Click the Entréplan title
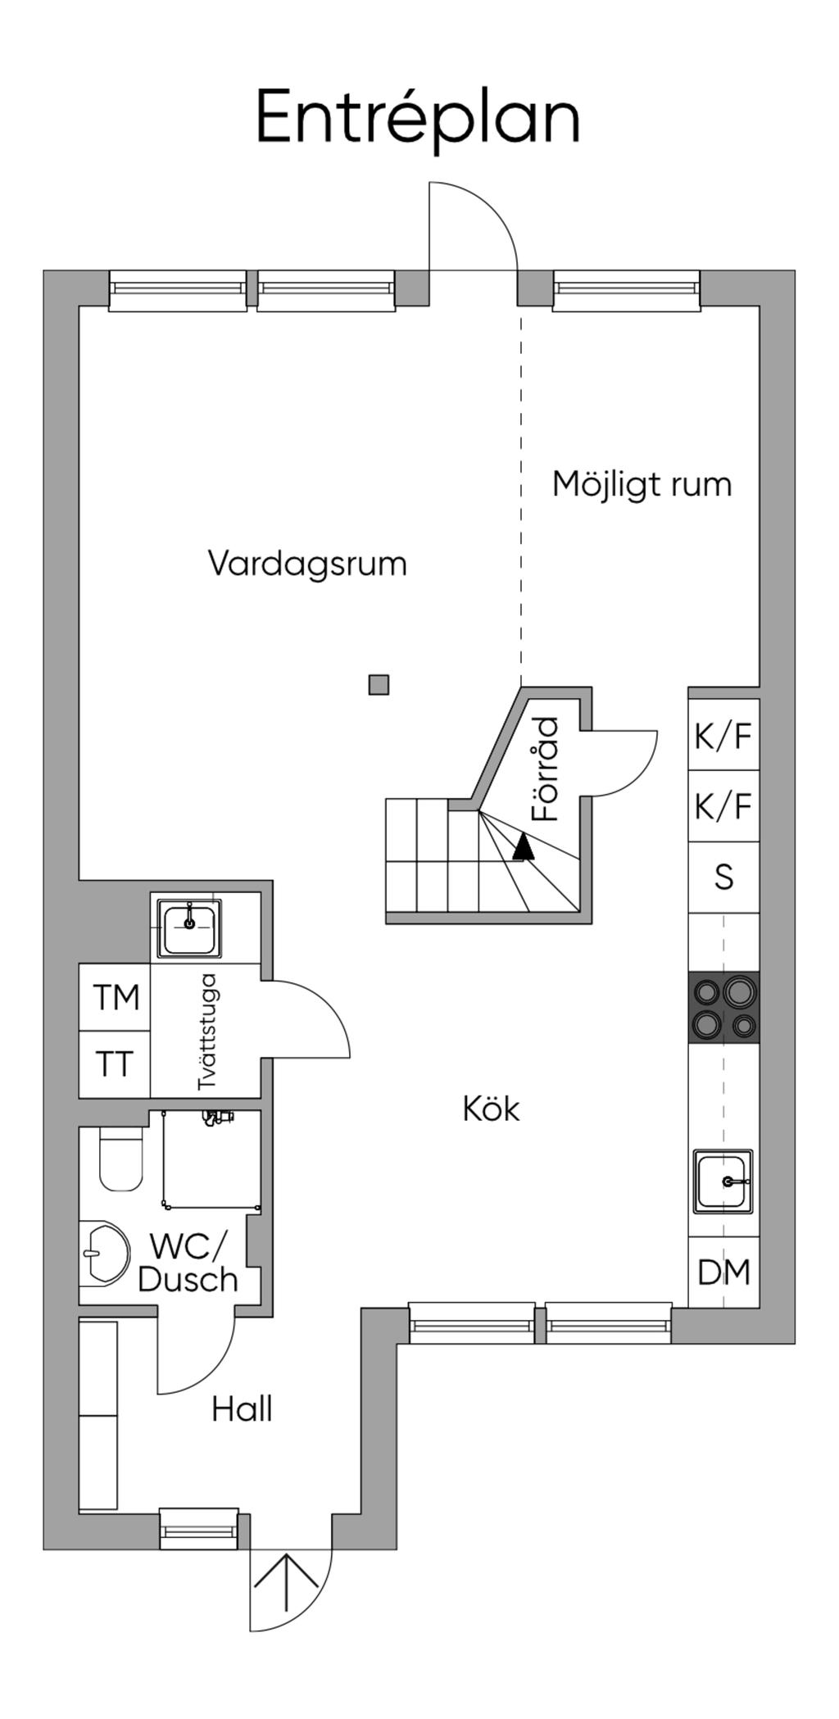[419, 119]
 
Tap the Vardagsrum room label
[307, 564]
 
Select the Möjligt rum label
[642, 484]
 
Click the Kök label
[491, 1109]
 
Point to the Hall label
[242, 1410]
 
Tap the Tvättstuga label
[208, 1031]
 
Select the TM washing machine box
[116, 997]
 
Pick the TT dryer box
[115, 1064]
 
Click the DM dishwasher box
[723, 1272]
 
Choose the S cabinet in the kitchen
[723, 878]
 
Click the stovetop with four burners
[724, 1007]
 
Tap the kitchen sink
[723, 1181]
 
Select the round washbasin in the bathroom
[105, 1252]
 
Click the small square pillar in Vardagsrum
[379, 684]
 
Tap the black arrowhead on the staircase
[523, 846]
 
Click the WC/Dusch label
[188, 1263]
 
